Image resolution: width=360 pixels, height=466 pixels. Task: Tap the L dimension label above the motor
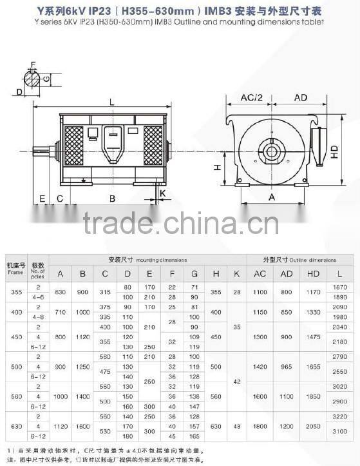111,101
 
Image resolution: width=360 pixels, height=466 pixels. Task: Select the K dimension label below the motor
163,192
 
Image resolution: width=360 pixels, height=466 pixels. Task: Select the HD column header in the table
314,273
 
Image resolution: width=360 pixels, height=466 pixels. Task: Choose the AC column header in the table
260,273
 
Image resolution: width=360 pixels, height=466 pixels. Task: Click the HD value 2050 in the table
314,426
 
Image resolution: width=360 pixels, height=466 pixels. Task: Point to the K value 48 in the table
237,426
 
